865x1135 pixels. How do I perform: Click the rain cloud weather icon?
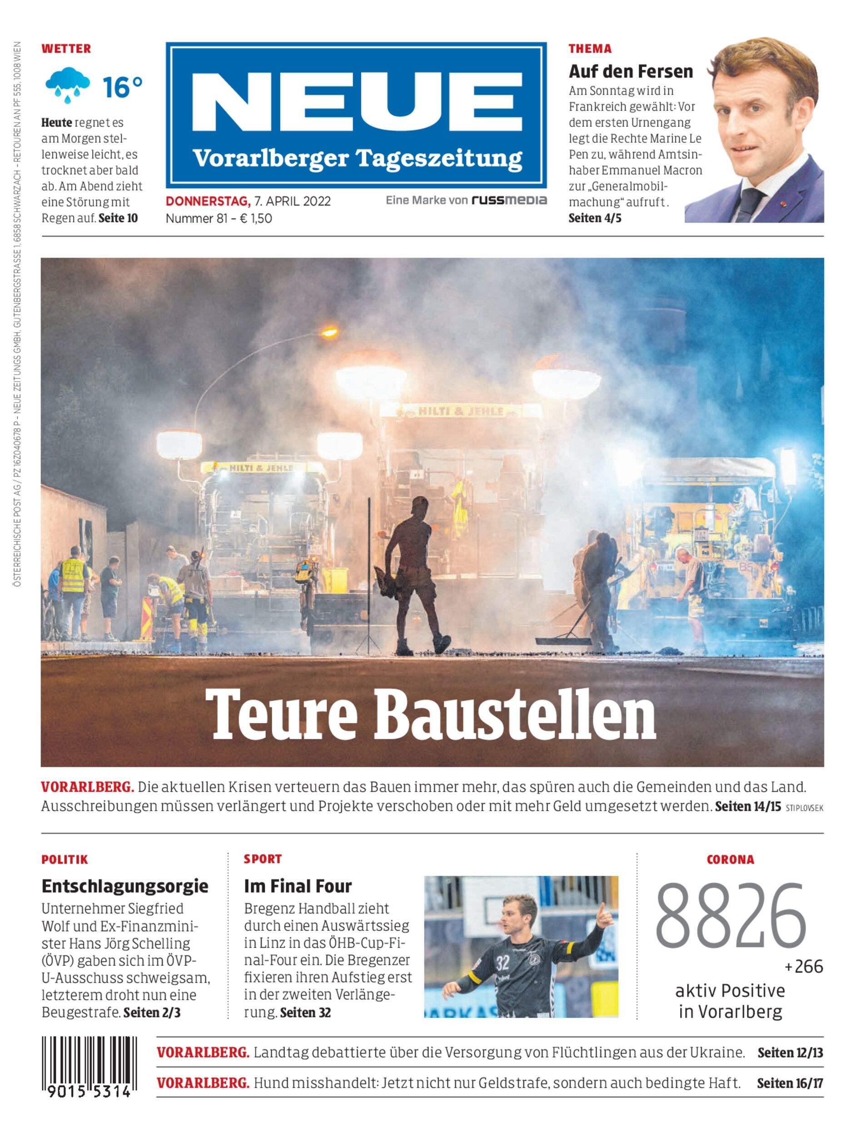[67, 84]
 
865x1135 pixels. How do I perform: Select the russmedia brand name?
[509, 200]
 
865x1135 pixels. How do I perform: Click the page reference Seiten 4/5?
[595, 218]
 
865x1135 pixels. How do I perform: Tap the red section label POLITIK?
[65, 859]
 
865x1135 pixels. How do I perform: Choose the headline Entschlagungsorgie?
[125, 886]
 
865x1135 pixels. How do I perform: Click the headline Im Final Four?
[298, 886]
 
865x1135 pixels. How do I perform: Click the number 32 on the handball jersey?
[502, 963]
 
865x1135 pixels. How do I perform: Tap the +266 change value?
[804, 967]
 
